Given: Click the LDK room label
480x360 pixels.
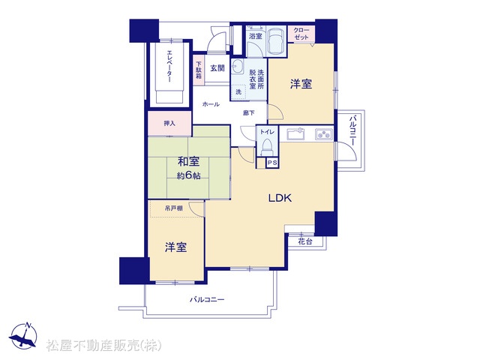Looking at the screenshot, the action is coord(280,198).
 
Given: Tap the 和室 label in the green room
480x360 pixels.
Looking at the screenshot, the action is coord(188,161).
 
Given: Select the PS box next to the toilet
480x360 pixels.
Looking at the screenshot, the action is coord(272,163).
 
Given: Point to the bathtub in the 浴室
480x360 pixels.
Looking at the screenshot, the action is coord(276,41).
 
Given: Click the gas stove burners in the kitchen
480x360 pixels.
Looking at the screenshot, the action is coord(324,134).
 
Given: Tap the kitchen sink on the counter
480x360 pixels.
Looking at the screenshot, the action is coord(295,133).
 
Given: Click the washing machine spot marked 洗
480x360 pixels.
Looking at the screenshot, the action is coord(238,91).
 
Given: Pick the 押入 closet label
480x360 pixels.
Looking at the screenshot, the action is coord(169,123).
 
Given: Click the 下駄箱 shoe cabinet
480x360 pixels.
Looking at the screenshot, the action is coord(199,70).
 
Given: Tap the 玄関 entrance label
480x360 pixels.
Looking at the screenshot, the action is coord(217,68).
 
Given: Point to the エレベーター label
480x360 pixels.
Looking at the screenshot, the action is coord(169,66).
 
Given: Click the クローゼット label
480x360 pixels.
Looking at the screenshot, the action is coord(301,34).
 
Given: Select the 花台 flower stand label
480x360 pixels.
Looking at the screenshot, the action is coord(305,241).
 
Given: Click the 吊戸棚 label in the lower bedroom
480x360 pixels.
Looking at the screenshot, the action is coord(173,208).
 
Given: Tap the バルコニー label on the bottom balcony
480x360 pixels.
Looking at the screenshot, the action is coord(207,299).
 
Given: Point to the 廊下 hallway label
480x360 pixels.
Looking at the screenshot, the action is coord(248,113).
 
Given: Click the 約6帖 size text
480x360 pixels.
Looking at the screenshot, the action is coord(188,175).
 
